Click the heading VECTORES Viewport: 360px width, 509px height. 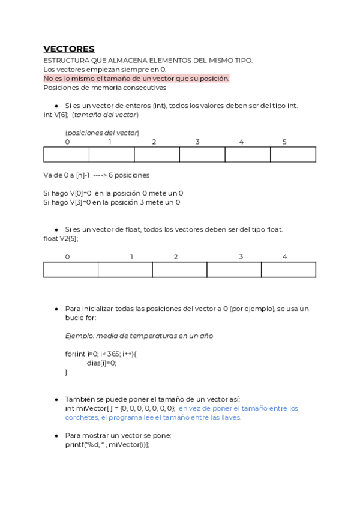tap(69, 49)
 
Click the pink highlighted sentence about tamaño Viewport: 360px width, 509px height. tap(136, 79)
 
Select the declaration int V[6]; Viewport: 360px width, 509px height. tap(56, 115)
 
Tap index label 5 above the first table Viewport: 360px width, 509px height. tap(284, 142)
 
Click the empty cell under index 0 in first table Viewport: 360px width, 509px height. tap(67, 155)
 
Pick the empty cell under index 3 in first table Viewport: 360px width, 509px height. tap(202, 155)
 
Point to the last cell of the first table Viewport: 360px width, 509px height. tap(293, 155)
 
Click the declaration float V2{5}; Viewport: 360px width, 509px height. tap(61, 238)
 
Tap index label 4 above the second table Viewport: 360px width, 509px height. tap(284, 257)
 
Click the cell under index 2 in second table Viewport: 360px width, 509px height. tap(179, 270)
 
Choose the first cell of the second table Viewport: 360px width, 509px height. tap(71, 270)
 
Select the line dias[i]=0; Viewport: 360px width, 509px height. tap(101, 363)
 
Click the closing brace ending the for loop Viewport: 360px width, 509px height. tap(67, 372)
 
